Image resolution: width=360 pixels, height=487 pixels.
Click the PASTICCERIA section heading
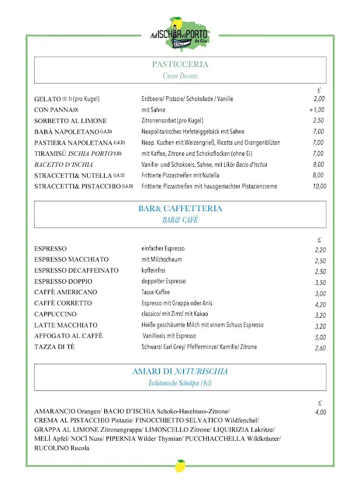tap(180, 65)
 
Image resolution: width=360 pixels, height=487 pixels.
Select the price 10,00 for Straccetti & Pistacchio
tap(319, 186)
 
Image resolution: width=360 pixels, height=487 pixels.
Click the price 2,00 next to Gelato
tap(319, 99)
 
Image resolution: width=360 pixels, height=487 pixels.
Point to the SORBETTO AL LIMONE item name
tap(70, 121)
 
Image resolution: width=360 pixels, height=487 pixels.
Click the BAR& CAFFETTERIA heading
tap(180, 209)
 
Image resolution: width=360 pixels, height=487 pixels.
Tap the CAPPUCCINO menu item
tap(56, 314)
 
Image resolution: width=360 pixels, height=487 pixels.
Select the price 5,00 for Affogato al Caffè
tap(320, 337)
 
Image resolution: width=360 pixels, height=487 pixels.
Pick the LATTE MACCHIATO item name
tap(66, 325)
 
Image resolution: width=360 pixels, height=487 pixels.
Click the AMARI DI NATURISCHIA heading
tap(180, 371)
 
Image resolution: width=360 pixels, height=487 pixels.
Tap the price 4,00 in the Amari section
tap(320, 412)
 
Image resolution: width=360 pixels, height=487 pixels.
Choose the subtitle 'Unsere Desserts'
tap(180, 76)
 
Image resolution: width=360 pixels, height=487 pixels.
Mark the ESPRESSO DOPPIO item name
tap(63, 281)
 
